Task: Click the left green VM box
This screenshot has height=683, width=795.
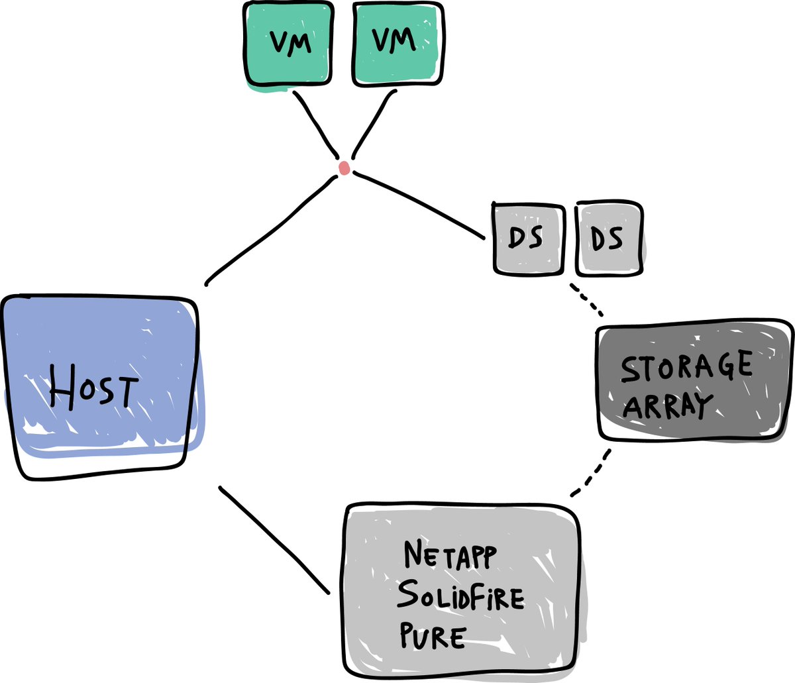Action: click(287, 43)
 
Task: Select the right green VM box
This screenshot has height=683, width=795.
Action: click(396, 43)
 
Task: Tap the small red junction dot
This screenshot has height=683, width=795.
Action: click(344, 168)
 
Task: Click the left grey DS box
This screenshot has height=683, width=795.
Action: click(528, 238)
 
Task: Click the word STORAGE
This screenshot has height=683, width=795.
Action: click(686, 366)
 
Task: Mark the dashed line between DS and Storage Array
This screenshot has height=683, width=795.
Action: click(587, 300)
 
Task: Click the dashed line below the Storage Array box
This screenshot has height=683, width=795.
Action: click(591, 474)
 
